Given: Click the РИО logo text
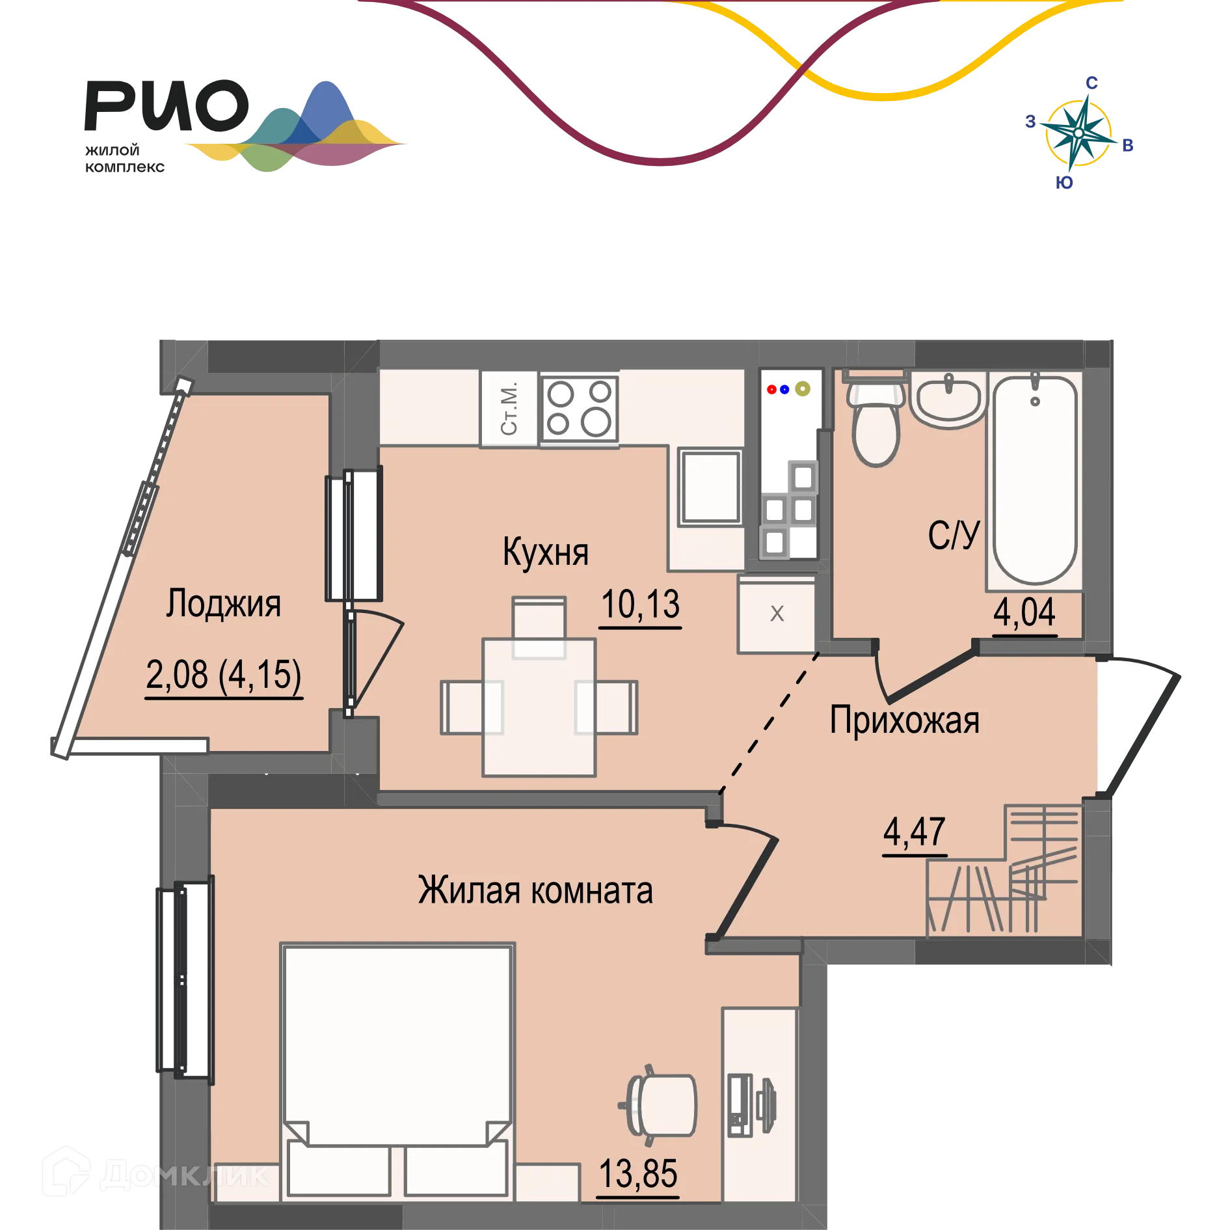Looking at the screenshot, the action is tap(167, 105).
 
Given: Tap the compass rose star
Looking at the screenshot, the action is tap(1078, 133).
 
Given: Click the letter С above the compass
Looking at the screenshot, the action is tap(1091, 83).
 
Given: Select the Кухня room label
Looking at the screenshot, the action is tap(545, 552).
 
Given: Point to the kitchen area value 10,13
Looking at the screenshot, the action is tap(641, 605).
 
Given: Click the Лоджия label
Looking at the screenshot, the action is tap(223, 603).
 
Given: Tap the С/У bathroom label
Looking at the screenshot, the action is tap(954, 535).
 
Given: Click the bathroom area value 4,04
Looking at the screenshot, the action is tap(1024, 612).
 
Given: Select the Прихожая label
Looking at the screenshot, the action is tap(905, 720).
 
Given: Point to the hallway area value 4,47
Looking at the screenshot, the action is tap(915, 832).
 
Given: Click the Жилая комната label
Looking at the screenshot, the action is tap(535, 890).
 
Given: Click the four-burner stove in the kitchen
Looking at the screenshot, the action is tap(580, 408).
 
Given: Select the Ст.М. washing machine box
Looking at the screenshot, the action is tap(509, 408).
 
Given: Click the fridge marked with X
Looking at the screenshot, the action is tap(777, 614).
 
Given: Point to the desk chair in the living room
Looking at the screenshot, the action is tap(658, 1105).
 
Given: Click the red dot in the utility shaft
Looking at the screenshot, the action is tap(771, 389).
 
